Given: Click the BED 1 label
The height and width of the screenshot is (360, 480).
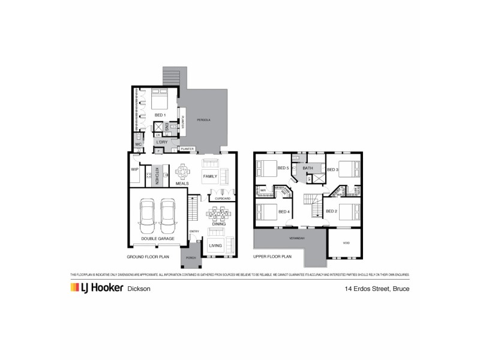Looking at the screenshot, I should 159,115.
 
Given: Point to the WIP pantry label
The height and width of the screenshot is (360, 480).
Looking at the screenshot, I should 134,170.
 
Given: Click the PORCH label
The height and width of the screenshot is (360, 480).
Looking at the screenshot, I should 191,258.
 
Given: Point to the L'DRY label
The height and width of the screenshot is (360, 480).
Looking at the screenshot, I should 162,142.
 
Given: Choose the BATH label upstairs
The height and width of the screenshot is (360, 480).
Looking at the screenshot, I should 308,169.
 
